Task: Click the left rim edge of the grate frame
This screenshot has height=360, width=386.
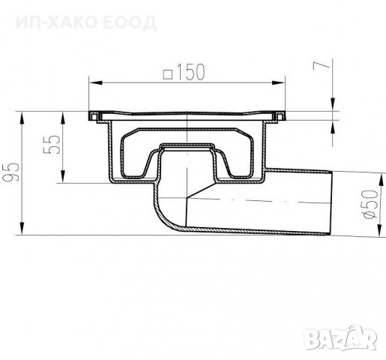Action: pos(92,116)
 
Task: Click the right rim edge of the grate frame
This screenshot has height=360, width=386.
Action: pos(284,116)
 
